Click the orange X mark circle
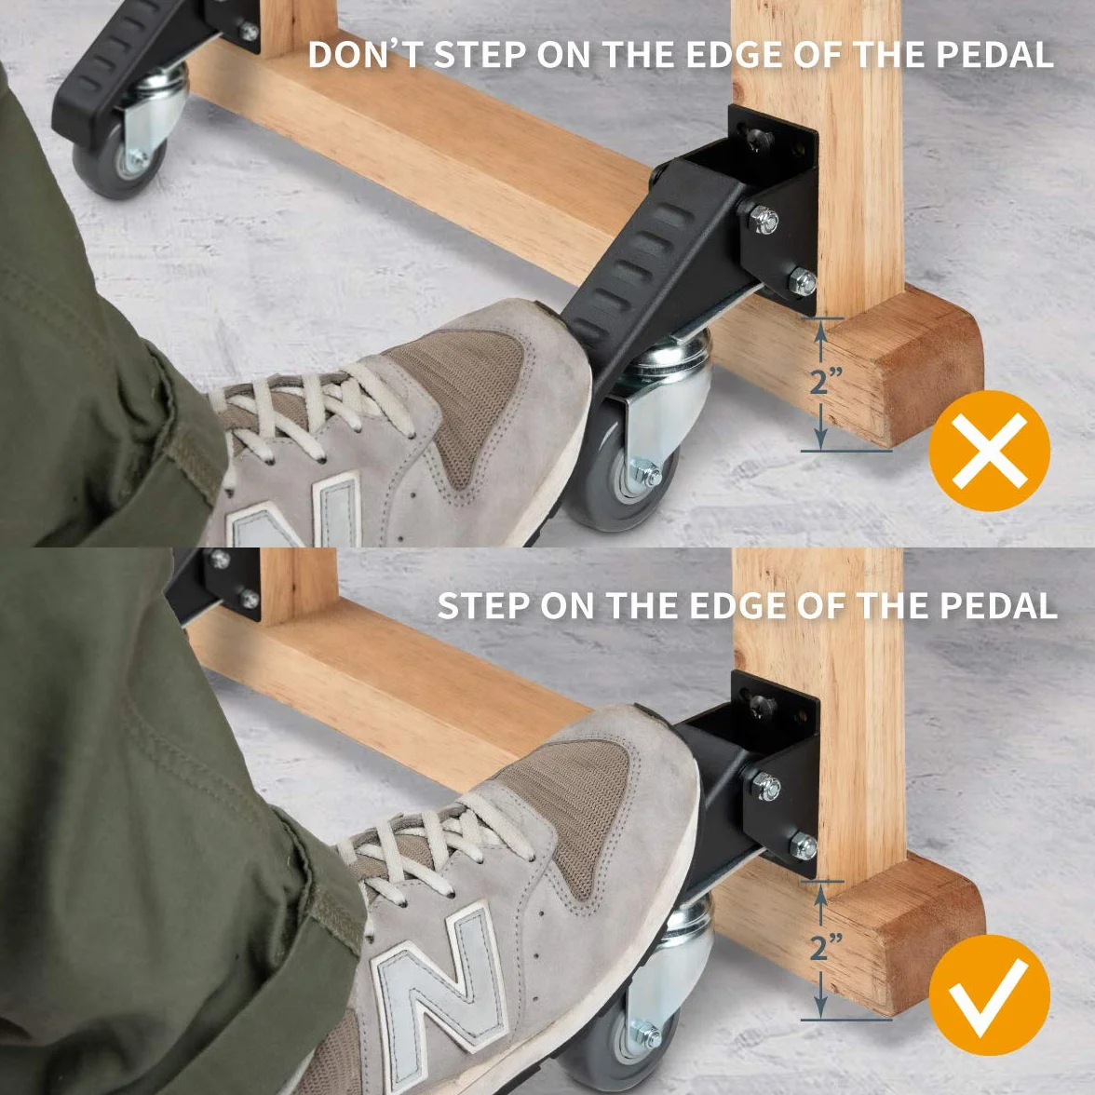click(989, 451)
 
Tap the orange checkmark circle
click(989, 994)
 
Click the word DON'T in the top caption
click(367, 54)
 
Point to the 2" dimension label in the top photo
click(826, 382)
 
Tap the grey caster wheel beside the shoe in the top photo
click(620, 467)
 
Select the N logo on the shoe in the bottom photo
click(439, 978)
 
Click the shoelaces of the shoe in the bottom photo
click(433, 845)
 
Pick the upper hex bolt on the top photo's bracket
click(764, 220)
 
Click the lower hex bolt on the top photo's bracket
click(803, 281)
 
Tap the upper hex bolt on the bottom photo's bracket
click(766, 786)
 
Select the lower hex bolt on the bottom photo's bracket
click(803, 846)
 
